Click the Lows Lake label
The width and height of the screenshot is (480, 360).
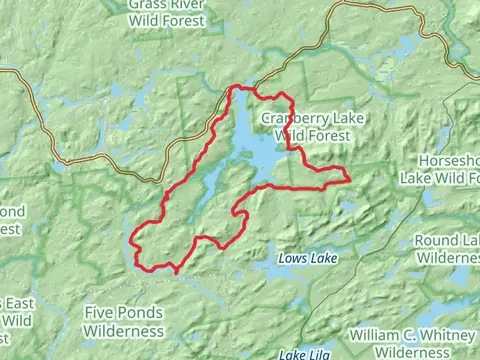pos(309,259)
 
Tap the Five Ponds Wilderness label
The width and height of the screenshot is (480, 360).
pos(124,322)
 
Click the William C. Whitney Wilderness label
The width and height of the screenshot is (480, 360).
pos(413,343)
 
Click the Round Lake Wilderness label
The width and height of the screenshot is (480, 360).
pos(447,248)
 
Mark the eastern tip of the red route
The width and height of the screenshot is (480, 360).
pos(347,178)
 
